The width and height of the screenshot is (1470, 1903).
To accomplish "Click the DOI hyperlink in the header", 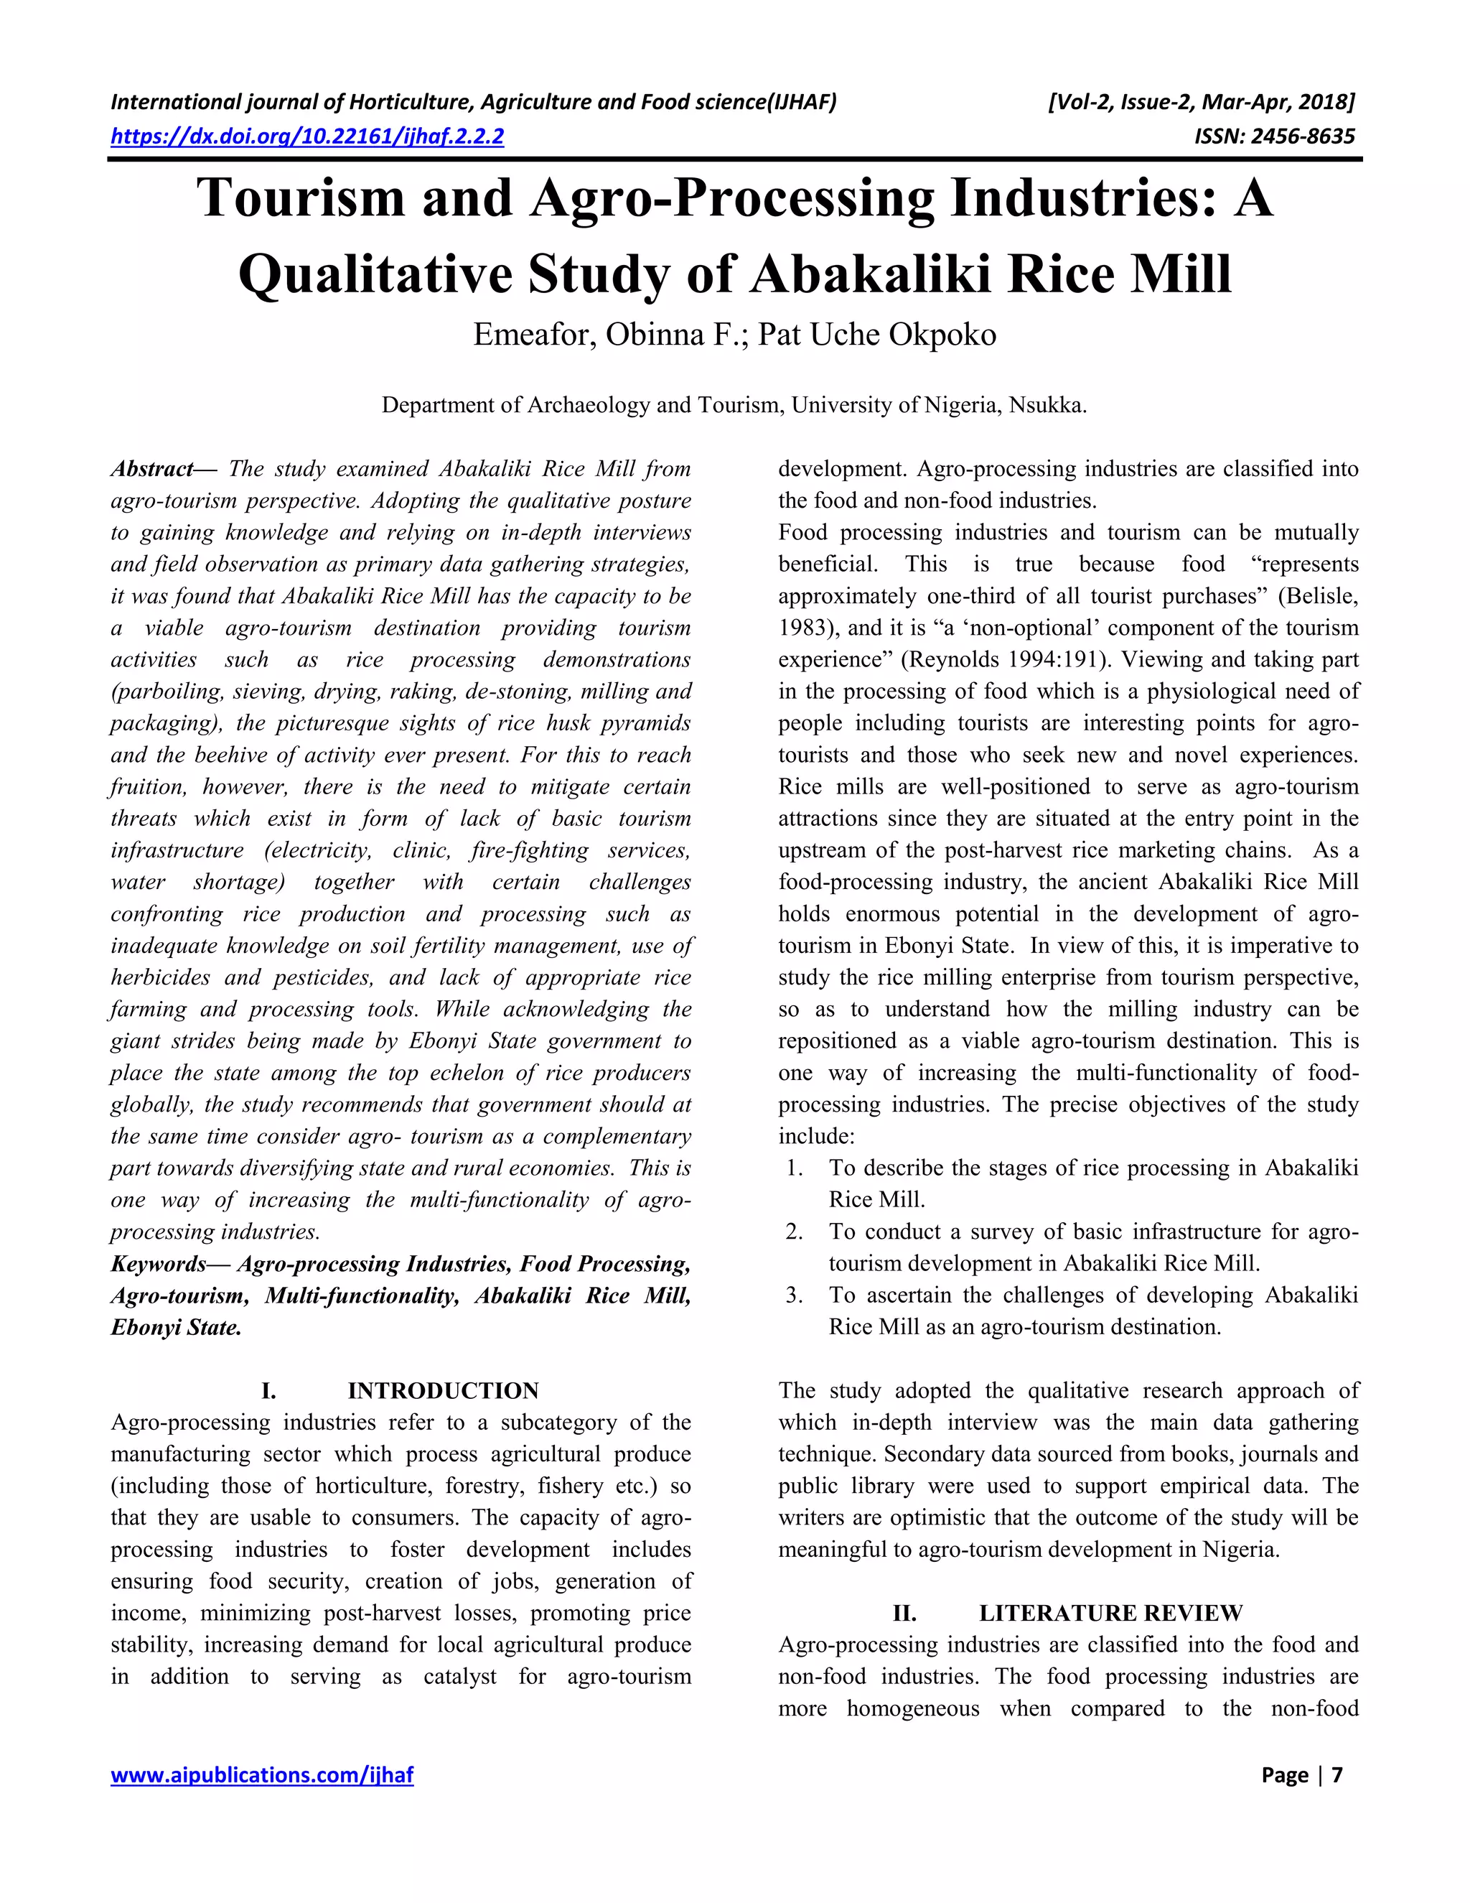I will [306, 136].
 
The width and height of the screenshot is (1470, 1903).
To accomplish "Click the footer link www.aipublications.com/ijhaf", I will [261, 1775].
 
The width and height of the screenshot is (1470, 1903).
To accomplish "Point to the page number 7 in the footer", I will [1336, 1775].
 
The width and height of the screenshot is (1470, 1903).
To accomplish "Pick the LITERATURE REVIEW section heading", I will [1110, 1614].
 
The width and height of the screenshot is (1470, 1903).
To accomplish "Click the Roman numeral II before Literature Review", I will [904, 1614].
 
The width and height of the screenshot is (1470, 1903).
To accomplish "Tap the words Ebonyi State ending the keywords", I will [176, 1328].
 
